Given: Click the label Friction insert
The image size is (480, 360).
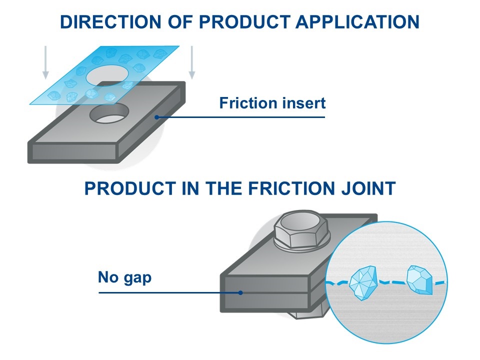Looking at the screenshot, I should pos(272,103).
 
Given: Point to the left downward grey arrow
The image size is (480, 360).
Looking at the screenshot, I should pos(45,63).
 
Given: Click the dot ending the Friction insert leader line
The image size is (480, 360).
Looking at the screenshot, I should pos(157,117).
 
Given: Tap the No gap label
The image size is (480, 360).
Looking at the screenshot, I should pos(124,276).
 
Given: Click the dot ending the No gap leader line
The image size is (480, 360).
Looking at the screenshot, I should pos(240,292).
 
